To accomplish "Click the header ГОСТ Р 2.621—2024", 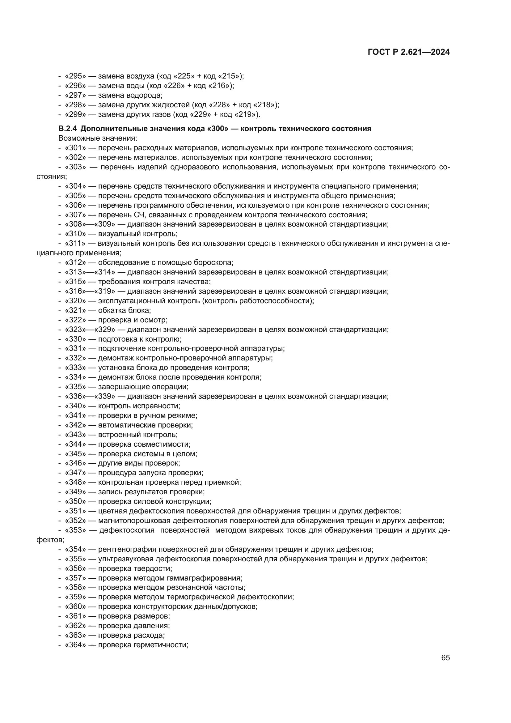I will tap(408, 52).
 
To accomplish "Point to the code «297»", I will tap(75, 95).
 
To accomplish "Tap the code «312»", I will tap(75, 263).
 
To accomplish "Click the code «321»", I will tap(75, 310).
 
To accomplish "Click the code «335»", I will tap(75, 387).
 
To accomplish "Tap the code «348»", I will tap(75, 483).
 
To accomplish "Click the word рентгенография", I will tap(127, 550).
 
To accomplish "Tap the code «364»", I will tap(75, 645).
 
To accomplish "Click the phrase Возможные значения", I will tap(98, 138).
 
